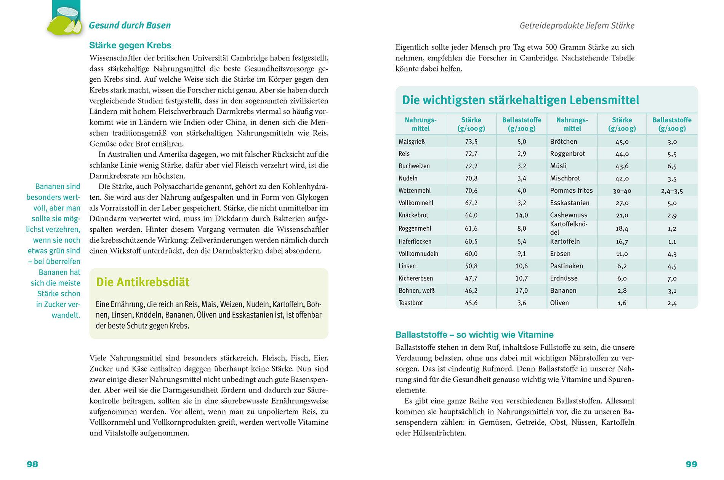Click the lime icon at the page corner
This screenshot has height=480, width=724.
pos(64,19)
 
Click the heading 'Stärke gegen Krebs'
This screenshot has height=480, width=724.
pos(130,46)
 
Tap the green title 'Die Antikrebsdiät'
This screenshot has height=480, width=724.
pos(143,282)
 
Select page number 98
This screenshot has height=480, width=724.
pos(32,464)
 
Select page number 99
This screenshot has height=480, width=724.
pos(691,464)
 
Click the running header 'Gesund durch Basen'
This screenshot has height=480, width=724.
pos(130,26)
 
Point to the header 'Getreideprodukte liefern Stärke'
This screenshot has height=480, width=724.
pos(577,26)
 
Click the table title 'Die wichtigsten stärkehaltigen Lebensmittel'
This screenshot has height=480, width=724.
pos(521,100)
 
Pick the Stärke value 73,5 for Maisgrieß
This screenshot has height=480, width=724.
pos(471,142)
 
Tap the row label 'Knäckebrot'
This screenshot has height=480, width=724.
pos(413,215)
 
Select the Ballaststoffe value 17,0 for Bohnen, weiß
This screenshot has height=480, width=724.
pos(521,290)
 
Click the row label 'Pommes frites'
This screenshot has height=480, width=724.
pos(571,190)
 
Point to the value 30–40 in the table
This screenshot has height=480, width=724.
pos(622,191)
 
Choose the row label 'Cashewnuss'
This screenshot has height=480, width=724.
pos(569,215)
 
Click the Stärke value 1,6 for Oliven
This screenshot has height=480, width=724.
pos(622,303)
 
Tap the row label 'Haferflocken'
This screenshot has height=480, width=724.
pos(415,241)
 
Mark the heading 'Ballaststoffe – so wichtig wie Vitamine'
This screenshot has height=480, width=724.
pos(474,335)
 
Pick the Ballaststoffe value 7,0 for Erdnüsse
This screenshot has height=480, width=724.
pos(671,278)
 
